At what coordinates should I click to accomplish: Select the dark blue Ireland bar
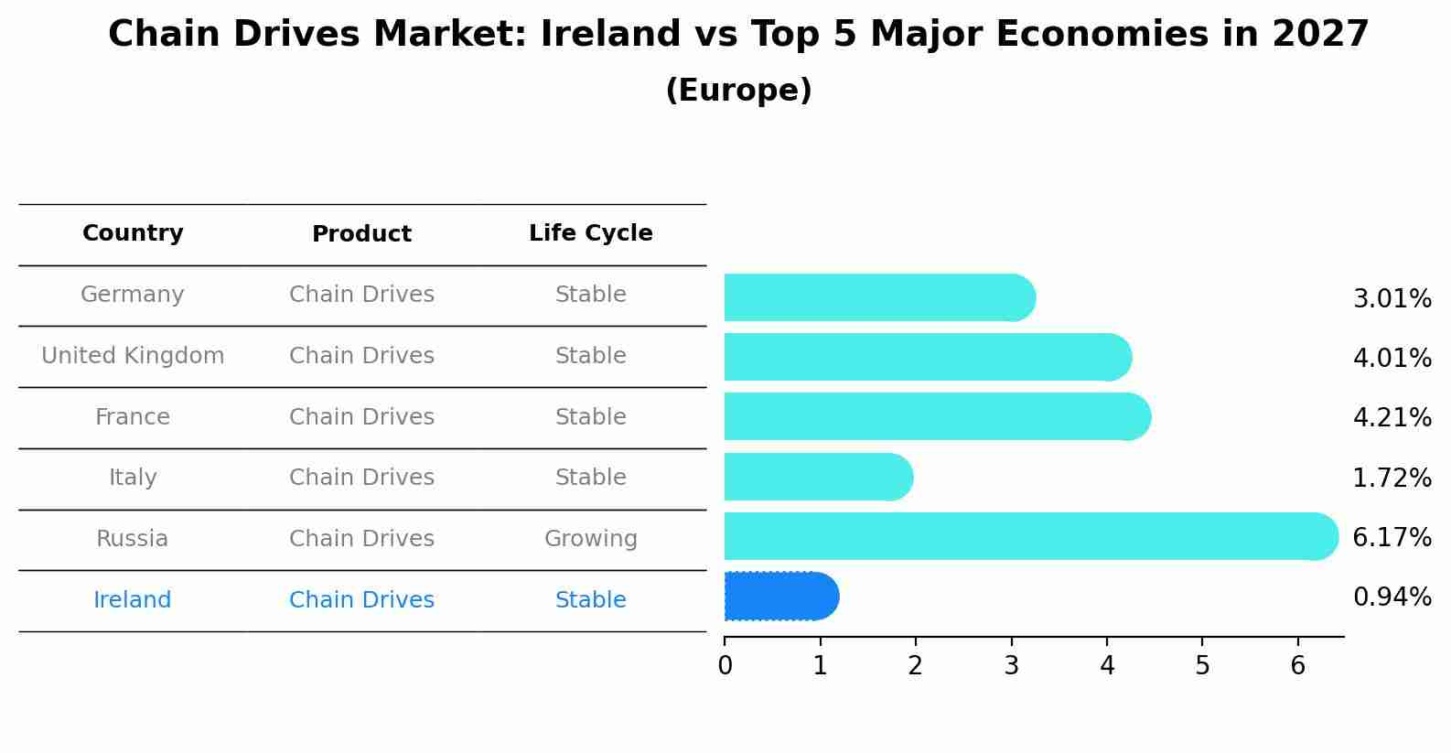tap(780, 597)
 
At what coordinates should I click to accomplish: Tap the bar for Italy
tap(817, 477)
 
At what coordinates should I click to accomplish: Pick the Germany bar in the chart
tap(878, 297)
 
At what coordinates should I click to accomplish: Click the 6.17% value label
tap(1392, 537)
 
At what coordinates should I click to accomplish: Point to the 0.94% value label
tap(1392, 597)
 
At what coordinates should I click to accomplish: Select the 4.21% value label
tap(1392, 417)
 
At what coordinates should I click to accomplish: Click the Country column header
tap(133, 233)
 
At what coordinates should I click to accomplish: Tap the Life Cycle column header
tap(590, 233)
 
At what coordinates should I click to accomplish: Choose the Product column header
tap(361, 234)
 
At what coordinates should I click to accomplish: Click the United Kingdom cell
tap(133, 356)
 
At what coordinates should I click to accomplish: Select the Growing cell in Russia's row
tap(590, 539)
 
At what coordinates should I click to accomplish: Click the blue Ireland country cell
tap(133, 600)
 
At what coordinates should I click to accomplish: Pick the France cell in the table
tap(133, 417)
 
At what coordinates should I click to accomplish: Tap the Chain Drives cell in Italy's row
tap(361, 478)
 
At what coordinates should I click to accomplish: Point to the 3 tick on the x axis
tap(1011, 665)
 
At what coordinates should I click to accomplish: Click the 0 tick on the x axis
tap(725, 665)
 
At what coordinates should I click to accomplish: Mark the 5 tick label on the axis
tap(1202, 665)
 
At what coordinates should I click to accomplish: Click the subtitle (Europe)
tap(738, 91)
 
